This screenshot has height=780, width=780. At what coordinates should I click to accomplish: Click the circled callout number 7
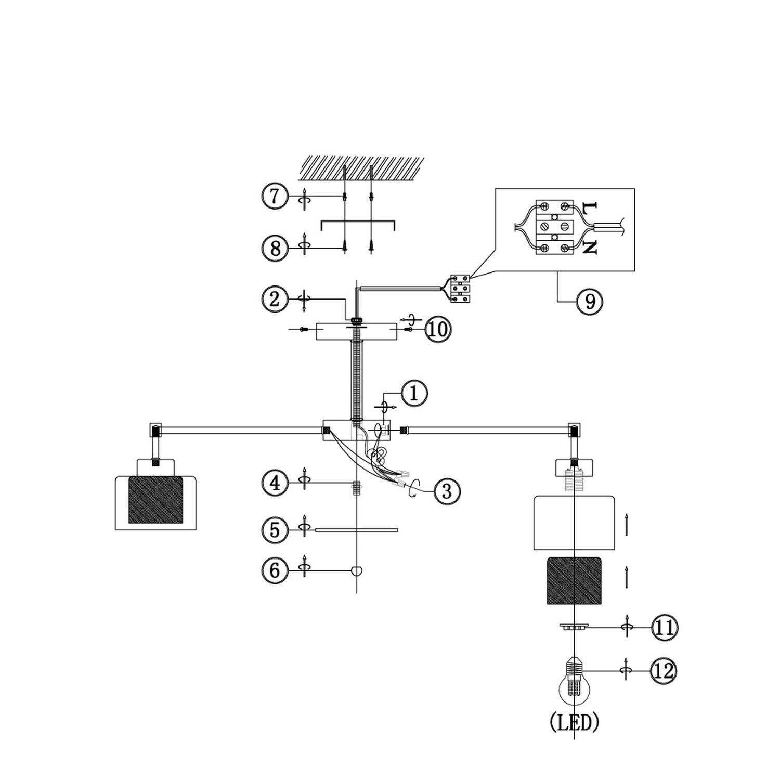[x=275, y=197]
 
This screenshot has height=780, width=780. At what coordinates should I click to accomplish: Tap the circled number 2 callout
[x=275, y=299]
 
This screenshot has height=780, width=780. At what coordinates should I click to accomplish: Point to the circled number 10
[x=438, y=330]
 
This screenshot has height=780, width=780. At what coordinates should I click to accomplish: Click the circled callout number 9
[x=590, y=301]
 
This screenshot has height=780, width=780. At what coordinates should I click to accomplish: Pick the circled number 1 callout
[x=414, y=393]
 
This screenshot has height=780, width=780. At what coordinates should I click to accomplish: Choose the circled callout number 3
[x=447, y=491]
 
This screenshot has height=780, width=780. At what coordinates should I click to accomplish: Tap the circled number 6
[x=275, y=570]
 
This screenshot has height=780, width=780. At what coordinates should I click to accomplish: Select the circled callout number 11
[x=664, y=628]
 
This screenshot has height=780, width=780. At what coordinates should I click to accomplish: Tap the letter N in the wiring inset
[x=589, y=247]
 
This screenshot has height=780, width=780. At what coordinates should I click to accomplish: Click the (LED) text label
[x=574, y=722]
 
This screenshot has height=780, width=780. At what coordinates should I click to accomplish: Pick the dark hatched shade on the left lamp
[x=155, y=500]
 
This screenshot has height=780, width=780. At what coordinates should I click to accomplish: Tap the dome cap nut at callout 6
[x=357, y=570]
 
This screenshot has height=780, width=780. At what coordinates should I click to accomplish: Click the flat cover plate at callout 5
[x=357, y=530]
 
